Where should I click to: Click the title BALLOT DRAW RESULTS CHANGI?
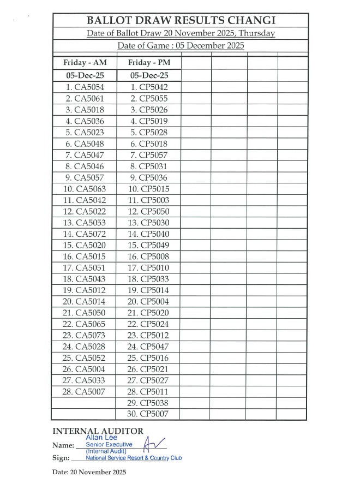pos(181,21)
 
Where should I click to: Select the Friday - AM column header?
pos(85,62)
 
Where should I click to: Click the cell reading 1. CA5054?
pos(85,87)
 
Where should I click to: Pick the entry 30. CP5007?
pos(148,414)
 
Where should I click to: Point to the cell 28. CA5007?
pos(85,391)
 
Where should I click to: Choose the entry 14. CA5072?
pos(85,234)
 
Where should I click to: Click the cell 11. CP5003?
pos(148,200)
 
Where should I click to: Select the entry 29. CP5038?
pos(148,403)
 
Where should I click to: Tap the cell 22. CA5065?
pos(85,324)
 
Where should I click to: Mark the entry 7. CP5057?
pos(148,155)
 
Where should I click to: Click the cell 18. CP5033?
pos(148,279)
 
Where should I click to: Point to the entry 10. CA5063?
pos(85,189)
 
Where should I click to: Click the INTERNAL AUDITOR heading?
pos(98,431)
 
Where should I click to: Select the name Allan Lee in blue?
pos(101,438)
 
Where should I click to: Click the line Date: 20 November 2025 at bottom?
pos(89,472)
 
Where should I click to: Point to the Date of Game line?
pos(181,45)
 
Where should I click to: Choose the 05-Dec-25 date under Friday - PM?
pos(147,75)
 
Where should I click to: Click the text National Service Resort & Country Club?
pos(134,458)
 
